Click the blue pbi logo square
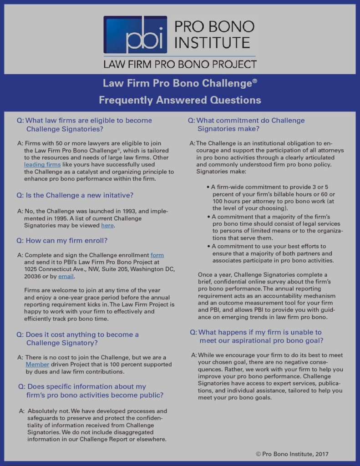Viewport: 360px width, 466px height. point(135,35)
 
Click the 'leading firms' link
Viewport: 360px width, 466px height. point(42,164)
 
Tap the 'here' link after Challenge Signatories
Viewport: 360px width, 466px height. point(107,225)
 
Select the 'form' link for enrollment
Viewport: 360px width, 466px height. point(157,255)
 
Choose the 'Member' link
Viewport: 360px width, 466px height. point(37,364)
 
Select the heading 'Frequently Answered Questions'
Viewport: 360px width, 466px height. point(180,100)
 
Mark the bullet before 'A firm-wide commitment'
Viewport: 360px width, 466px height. point(208,187)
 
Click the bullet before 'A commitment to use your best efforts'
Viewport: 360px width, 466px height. point(208,246)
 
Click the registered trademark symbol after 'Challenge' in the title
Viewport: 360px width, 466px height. point(255,81)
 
